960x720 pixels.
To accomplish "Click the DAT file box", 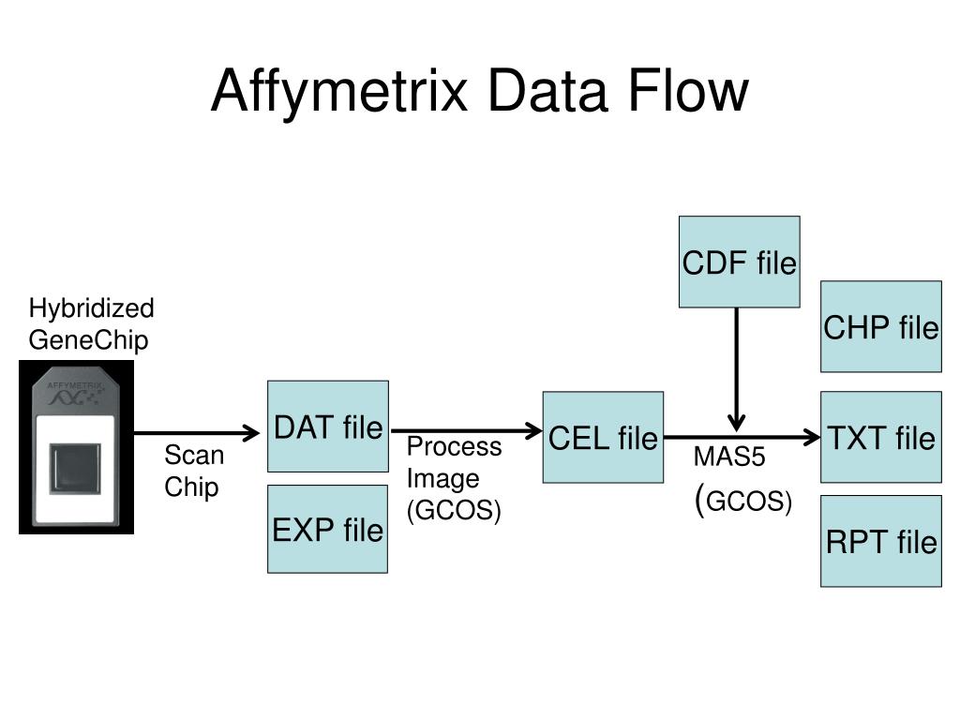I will click(328, 427).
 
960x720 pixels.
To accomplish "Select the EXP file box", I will click(328, 530).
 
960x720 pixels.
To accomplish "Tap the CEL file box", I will click(603, 438).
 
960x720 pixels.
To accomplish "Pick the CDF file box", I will click(739, 262).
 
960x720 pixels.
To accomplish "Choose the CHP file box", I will click(880, 327).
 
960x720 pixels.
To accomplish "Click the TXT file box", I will click(880, 438).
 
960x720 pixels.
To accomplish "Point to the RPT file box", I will click(880, 542).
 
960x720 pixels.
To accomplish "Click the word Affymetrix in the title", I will click(339, 92).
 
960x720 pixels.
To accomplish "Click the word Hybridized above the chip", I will click(91, 309).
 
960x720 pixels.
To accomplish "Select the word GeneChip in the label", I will click(88, 339).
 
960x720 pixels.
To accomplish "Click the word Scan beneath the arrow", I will click(194, 457).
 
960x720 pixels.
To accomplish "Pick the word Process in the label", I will click(454, 447).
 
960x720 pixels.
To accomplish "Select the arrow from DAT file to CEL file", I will click(466, 431).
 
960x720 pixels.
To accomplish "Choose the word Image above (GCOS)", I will click(442, 479).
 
